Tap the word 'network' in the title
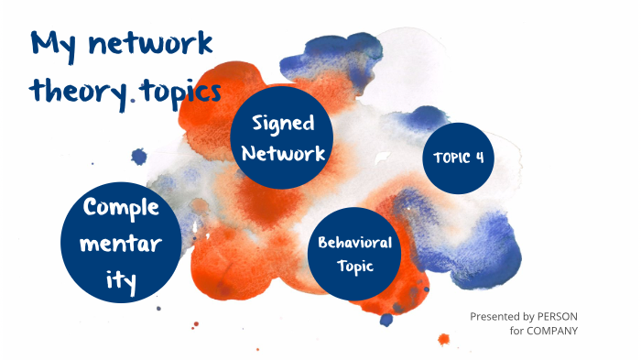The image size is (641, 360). [x=147, y=44]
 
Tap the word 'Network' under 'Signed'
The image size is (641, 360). [x=283, y=154]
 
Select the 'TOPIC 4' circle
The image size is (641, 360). [x=458, y=158]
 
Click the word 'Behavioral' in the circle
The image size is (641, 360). [x=355, y=243]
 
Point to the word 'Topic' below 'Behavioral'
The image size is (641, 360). [x=354, y=267]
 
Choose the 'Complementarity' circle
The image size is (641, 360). [x=121, y=245]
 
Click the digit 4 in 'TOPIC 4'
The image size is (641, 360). [x=479, y=158]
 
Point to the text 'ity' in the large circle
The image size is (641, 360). [x=121, y=283]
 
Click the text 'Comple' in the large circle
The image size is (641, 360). [x=121, y=207]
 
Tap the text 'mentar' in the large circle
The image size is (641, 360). [x=121, y=245]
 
